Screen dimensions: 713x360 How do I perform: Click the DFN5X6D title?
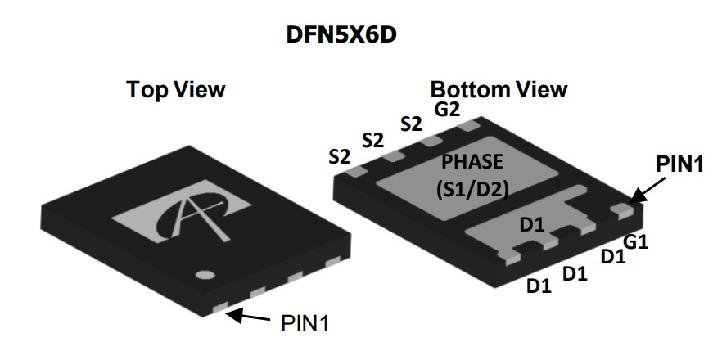[341, 34]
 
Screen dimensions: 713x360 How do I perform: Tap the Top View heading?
[176, 89]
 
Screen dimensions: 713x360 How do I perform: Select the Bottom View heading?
[499, 89]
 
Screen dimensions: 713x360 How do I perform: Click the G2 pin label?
[448, 110]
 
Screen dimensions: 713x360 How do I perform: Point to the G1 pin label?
[635, 242]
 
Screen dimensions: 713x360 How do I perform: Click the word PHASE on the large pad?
[473, 162]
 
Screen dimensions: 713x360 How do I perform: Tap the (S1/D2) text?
[472, 189]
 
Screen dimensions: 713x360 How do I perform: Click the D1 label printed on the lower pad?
[532, 224]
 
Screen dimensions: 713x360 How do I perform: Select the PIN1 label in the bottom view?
[679, 164]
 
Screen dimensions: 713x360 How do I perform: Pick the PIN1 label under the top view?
[305, 323]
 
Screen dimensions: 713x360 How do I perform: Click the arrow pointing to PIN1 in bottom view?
[647, 190]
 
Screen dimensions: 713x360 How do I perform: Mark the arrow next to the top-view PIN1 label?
[248, 316]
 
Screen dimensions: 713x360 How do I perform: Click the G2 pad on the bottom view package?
[469, 125]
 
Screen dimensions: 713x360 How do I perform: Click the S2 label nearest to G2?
[411, 124]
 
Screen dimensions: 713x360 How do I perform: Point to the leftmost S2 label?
[340, 157]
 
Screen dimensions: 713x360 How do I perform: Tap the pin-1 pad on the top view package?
[220, 308]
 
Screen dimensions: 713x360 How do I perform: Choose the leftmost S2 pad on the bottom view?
[355, 170]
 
